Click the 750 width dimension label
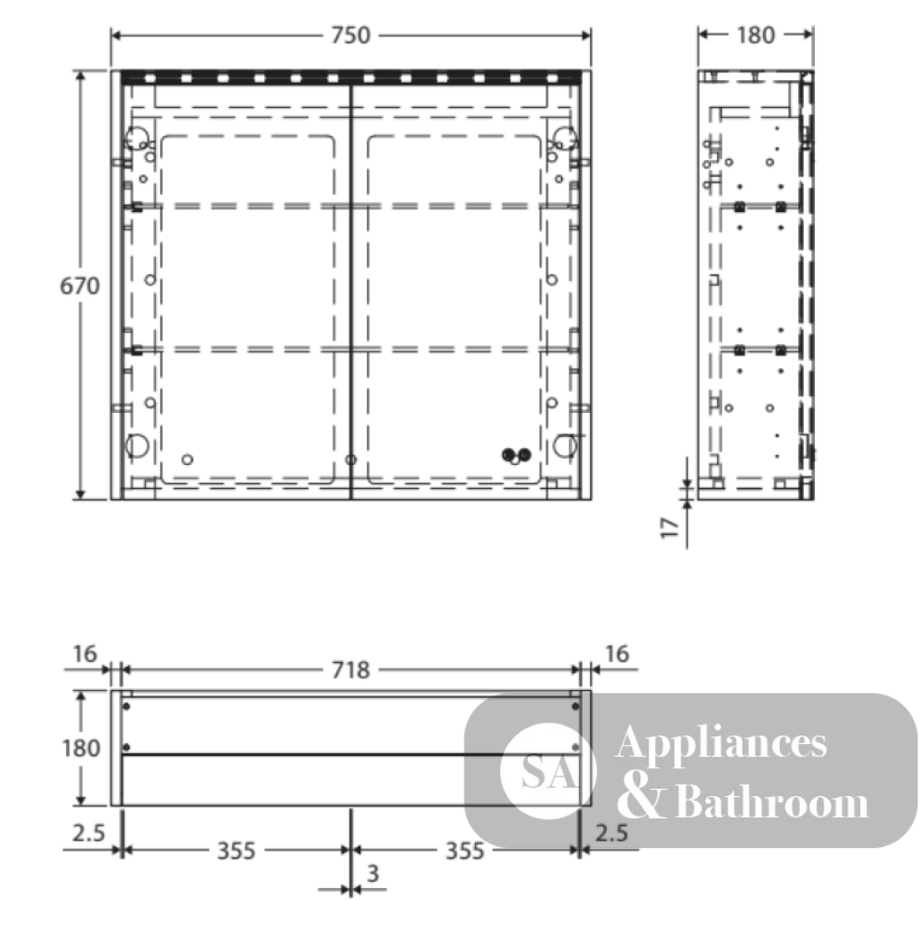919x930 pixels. (350, 35)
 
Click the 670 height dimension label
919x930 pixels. (80, 286)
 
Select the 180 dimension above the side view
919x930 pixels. (755, 35)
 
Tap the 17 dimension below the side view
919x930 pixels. (670, 527)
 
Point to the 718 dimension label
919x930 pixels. (350, 671)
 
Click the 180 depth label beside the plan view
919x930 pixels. (81, 749)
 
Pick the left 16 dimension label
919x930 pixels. (85, 654)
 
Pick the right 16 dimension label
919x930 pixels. (617, 654)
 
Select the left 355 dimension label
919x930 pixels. (236, 851)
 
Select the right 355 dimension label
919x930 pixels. (465, 851)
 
